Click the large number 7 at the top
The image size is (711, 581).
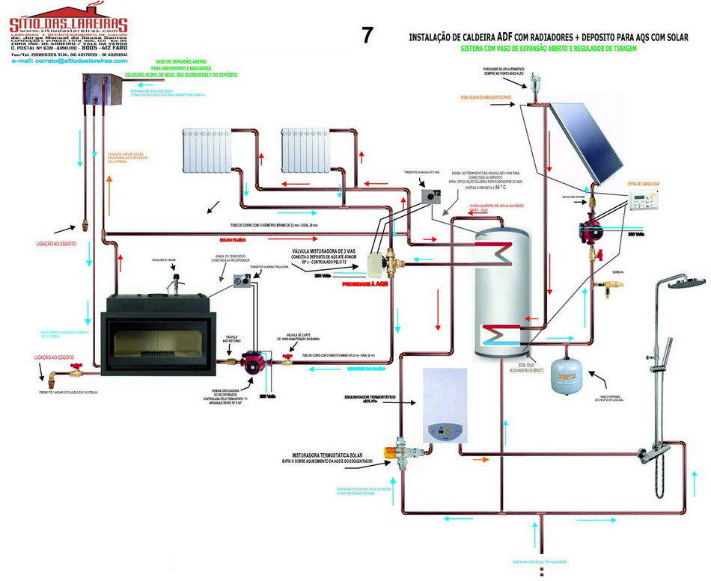click(367, 35)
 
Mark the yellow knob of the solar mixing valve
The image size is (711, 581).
click(390, 452)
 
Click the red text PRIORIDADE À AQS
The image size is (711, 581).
click(364, 285)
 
